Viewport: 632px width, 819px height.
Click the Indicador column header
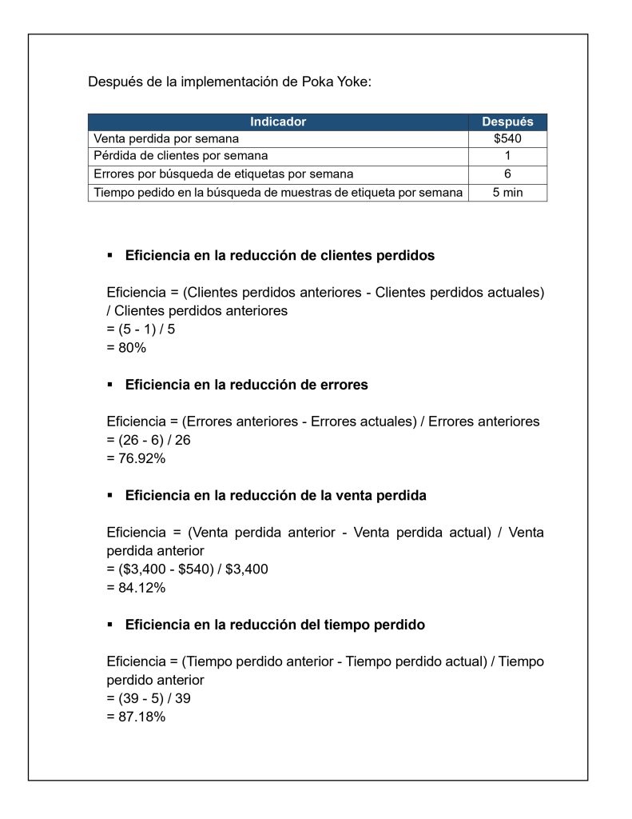pos(277,122)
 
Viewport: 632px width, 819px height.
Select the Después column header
pos(507,122)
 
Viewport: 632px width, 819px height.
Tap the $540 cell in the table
pos(507,138)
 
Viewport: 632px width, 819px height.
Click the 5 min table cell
pos(507,192)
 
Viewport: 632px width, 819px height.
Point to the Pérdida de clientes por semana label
pos(181,156)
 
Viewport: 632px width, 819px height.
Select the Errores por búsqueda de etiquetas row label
pos(224,174)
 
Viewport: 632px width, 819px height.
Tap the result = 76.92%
pos(136,458)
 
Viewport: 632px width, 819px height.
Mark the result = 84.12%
pos(136,588)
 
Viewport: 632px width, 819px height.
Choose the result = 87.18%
pos(136,717)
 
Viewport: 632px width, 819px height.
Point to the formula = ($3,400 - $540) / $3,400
pos(187,569)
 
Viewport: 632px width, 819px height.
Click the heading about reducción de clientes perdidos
pos(280,256)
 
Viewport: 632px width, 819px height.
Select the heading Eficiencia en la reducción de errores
pos(246,385)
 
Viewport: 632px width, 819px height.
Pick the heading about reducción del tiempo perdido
pos(275,624)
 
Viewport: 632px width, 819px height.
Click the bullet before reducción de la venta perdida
pos(110,496)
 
